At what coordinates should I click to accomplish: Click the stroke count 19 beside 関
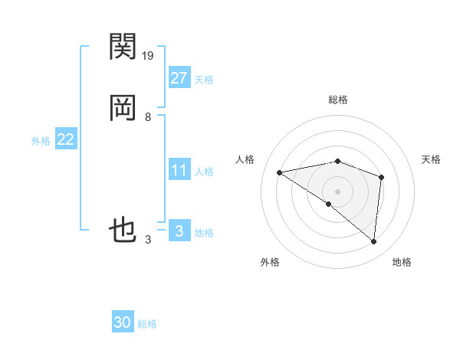click(x=149, y=55)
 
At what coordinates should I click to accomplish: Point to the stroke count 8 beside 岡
click(x=148, y=117)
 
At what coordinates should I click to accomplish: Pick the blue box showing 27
click(x=179, y=78)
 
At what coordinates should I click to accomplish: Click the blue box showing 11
click(x=179, y=170)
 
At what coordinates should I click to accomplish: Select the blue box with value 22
click(x=66, y=139)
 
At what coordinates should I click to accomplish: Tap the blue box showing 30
click(x=123, y=322)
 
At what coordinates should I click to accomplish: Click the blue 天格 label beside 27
click(x=204, y=80)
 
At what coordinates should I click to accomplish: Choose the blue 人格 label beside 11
click(x=204, y=172)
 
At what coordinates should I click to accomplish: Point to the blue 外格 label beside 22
click(x=41, y=141)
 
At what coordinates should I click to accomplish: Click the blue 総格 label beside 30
click(x=147, y=324)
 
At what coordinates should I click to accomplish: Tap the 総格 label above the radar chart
click(x=338, y=100)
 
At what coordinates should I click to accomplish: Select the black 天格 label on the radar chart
click(x=432, y=159)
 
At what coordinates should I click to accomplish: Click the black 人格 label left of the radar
click(x=245, y=159)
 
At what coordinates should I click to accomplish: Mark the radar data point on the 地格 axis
click(x=374, y=242)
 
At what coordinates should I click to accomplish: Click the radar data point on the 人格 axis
click(x=280, y=172)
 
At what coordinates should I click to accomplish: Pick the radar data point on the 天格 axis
click(x=381, y=178)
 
